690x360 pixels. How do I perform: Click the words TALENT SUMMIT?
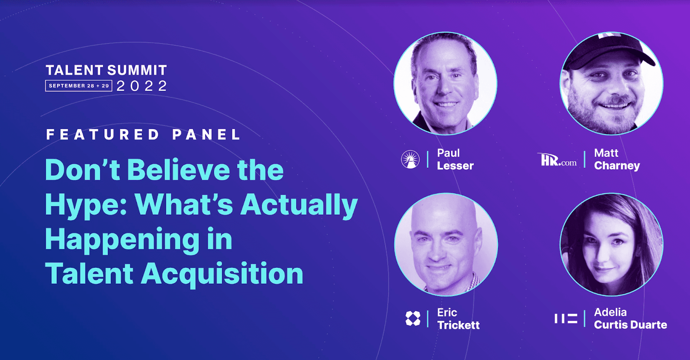tap(106, 70)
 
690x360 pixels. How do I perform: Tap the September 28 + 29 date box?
tap(78, 86)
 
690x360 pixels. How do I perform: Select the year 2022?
tap(142, 86)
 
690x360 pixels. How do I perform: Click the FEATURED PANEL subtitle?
tap(143, 135)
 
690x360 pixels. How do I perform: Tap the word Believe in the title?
tap(179, 170)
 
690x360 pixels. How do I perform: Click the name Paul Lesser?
tap(455, 160)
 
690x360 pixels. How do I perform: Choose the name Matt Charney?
tap(617, 160)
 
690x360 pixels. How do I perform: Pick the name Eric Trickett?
tap(458, 319)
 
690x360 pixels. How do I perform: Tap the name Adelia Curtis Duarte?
tap(630, 319)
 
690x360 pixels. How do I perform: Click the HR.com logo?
tap(558, 160)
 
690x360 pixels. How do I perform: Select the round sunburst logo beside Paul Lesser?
tap(410, 160)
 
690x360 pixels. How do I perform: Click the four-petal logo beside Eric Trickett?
tap(413, 319)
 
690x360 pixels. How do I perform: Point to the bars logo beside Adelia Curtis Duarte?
tap(566, 319)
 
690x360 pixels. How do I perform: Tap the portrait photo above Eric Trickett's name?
tap(446, 244)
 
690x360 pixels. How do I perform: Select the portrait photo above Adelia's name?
tap(611, 244)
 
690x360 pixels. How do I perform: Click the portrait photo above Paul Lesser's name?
tap(445, 83)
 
